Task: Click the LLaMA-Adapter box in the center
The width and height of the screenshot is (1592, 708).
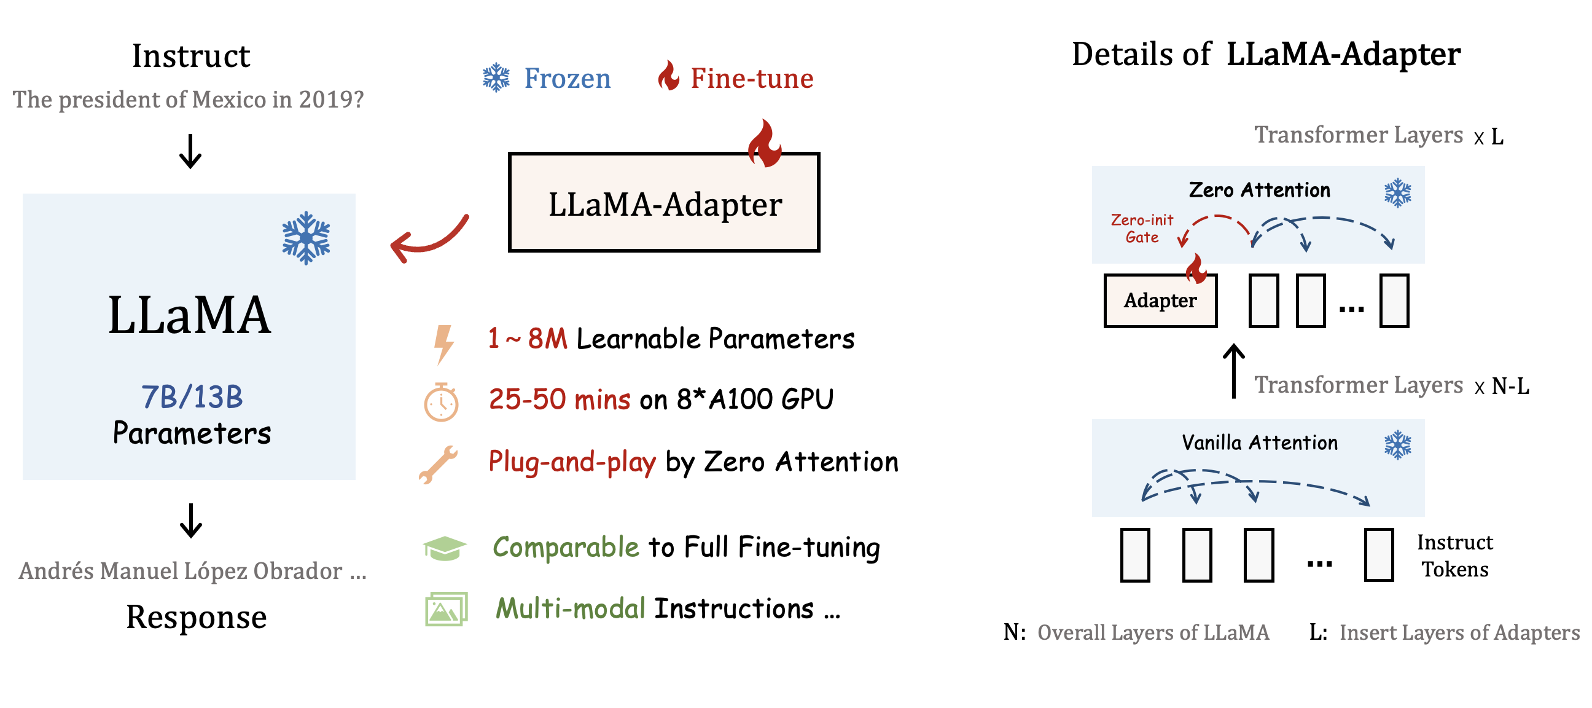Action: click(665, 203)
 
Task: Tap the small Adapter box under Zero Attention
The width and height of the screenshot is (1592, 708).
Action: click(1160, 301)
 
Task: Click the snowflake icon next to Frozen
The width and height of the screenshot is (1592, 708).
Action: click(496, 78)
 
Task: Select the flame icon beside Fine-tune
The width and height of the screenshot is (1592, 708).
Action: click(668, 76)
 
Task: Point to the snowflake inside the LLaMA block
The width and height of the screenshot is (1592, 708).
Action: click(306, 238)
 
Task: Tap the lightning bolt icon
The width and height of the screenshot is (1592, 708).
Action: click(443, 343)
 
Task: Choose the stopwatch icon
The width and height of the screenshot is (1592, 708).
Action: click(441, 403)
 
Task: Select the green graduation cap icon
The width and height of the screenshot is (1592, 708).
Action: click(445, 548)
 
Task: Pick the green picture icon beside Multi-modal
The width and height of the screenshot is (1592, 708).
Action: click(446, 608)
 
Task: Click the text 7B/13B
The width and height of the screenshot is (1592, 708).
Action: click(192, 397)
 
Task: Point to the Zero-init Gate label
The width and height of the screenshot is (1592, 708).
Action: click(1142, 228)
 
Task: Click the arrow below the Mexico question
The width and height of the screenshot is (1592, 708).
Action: click(190, 151)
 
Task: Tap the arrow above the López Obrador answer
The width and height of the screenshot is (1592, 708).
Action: click(191, 520)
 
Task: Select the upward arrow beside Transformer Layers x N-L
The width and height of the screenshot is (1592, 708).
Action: click(1234, 371)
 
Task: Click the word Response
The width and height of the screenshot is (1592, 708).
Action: click(197, 617)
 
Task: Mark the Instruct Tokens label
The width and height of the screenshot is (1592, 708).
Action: click(1455, 555)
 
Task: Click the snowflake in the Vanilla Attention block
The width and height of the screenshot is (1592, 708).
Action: click(1398, 445)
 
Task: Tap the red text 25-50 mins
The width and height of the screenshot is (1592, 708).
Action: click(560, 399)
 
